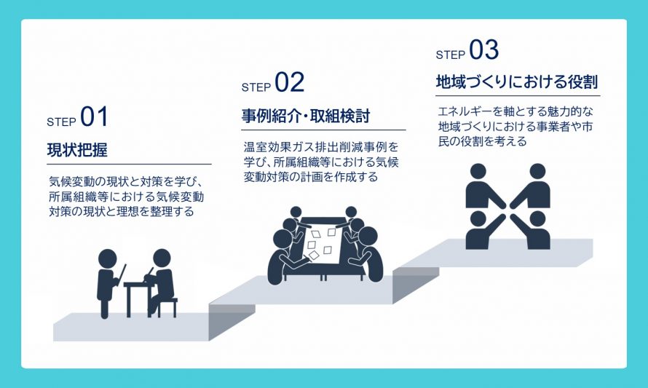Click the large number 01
[94, 116]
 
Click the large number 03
[483, 50]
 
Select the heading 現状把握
[77, 150]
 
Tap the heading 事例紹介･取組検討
[306, 116]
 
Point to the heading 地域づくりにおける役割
[517, 82]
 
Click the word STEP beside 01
[62, 122]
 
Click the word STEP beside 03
[451, 55]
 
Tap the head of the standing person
[108, 258]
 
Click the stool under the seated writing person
[166, 307]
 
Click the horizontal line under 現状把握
[130, 164]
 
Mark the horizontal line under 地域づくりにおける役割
[518, 96]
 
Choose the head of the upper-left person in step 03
[478, 172]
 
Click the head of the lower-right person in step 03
[537, 219]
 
